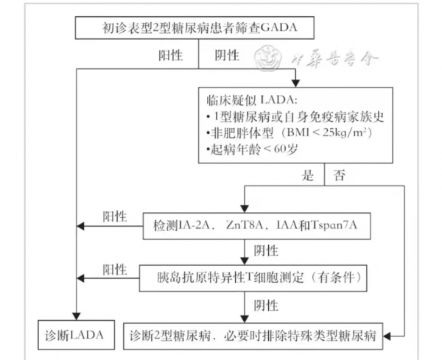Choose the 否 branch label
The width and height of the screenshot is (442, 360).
pyautogui.click(x=340, y=176)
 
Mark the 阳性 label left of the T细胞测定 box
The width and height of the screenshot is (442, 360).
pyautogui.click(x=114, y=269)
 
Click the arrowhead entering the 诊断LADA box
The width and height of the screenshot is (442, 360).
pyautogui.click(x=77, y=318)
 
